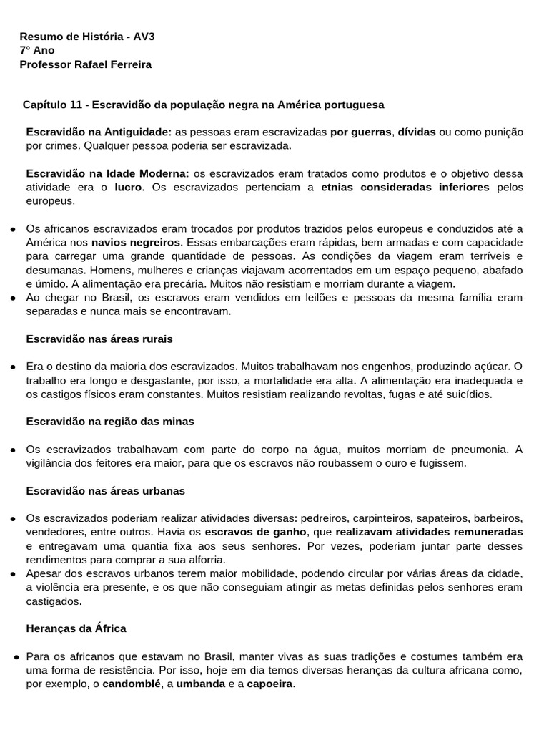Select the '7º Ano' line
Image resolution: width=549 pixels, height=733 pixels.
(37, 50)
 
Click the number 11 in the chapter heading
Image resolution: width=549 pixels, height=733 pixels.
(76, 105)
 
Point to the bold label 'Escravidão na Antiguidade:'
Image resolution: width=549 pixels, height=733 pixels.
(99, 132)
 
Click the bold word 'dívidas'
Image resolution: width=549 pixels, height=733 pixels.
(417, 132)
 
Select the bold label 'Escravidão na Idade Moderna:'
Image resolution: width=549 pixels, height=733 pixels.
(108, 173)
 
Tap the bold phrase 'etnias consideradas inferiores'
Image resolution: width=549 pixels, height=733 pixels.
(405, 188)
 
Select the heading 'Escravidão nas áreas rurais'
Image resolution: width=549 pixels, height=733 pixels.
(99, 339)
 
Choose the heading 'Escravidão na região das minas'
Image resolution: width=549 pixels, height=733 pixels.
(110, 422)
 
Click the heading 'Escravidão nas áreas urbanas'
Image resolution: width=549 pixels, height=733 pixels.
(106, 491)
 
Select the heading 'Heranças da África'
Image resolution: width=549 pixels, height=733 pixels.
(76, 628)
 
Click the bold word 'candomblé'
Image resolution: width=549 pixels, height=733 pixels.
(131, 684)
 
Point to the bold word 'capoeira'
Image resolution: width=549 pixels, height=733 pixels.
(270, 684)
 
